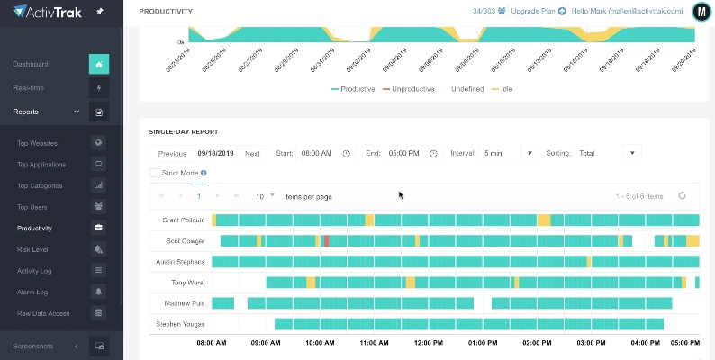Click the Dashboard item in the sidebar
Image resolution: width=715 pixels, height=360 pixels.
coord(31,64)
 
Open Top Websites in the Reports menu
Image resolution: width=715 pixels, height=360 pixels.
coord(38,142)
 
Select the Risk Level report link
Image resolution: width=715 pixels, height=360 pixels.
coord(32,249)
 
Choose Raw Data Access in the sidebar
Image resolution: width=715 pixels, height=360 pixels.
coord(42,313)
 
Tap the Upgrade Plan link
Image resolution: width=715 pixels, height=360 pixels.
coord(533,12)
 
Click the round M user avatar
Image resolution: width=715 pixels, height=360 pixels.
coord(701,12)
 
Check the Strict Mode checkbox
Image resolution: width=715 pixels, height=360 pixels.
coord(154,173)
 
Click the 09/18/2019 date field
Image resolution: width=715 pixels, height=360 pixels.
coord(216,154)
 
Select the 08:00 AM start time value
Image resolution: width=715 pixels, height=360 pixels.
coord(316,154)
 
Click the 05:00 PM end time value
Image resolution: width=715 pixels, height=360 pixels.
coord(404,154)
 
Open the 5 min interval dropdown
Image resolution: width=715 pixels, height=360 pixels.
coord(508,154)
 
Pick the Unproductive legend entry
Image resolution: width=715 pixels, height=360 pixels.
coord(409,89)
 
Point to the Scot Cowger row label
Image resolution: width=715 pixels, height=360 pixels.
coord(186,241)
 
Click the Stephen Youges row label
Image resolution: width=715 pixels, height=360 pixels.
coord(180,324)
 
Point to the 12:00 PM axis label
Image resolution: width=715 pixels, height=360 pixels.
coord(428,343)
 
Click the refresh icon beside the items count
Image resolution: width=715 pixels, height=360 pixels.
coord(682,195)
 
